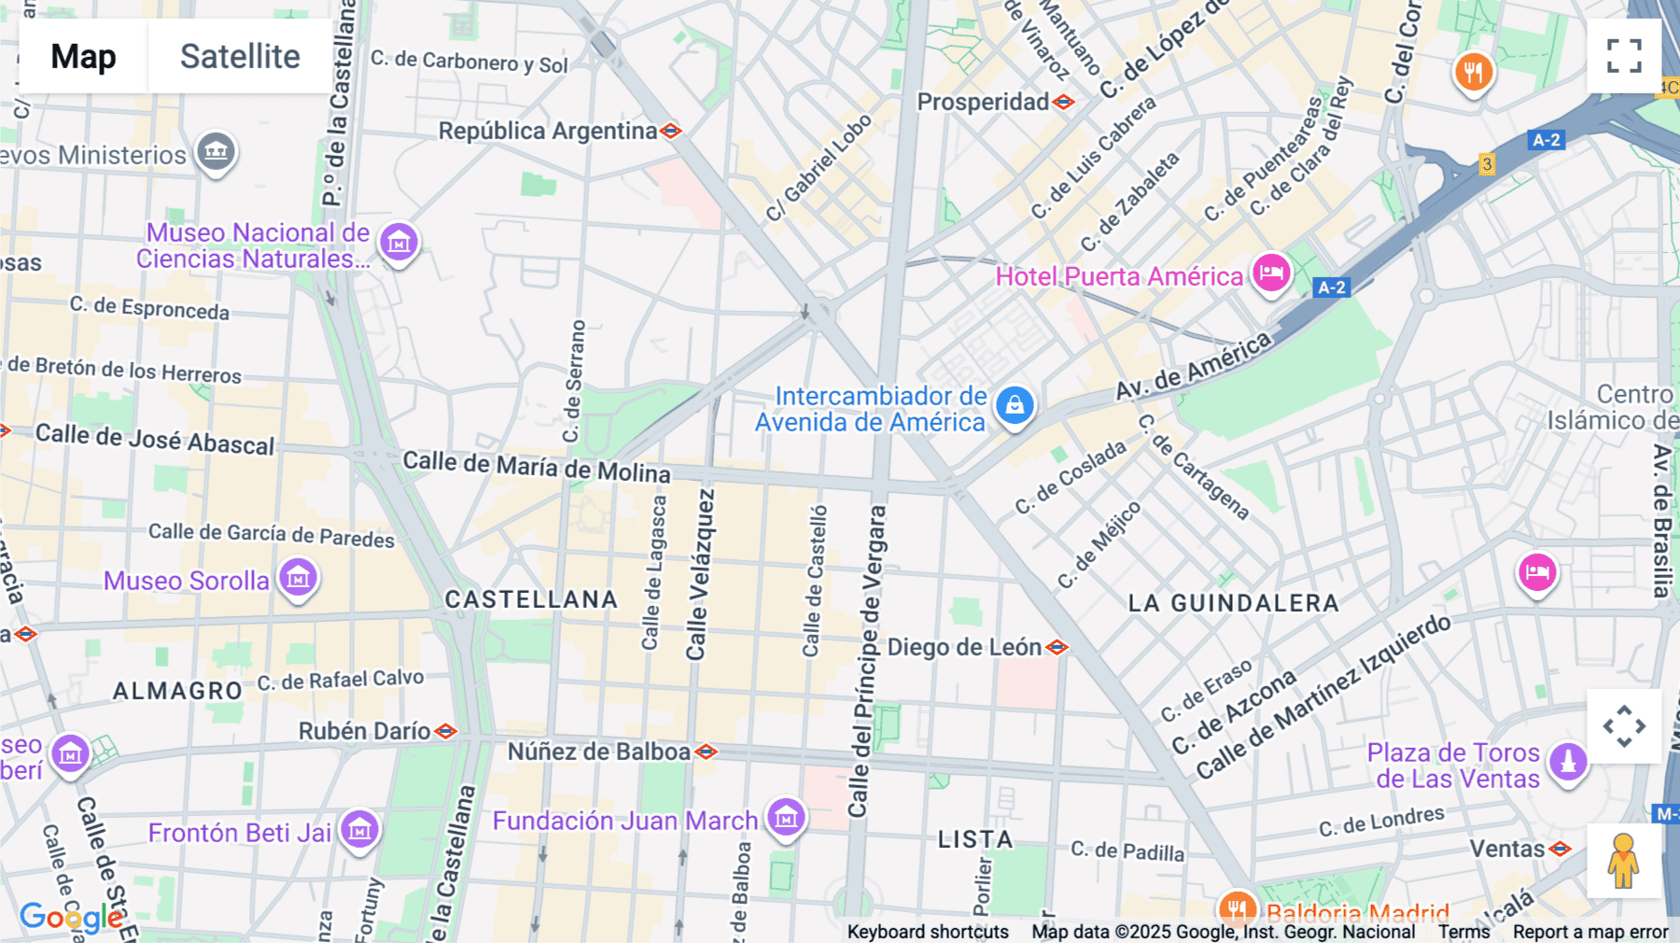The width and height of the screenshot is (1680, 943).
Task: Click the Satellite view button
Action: (x=240, y=56)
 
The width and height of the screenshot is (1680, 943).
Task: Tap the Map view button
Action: (x=83, y=56)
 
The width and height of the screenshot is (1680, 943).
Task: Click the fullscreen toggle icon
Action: (x=1624, y=56)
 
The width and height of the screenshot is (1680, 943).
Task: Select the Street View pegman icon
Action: (x=1624, y=861)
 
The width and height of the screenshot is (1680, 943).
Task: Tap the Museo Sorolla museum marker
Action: (x=299, y=578)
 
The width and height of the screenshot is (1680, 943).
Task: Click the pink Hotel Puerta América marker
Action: (x=1271, y=274)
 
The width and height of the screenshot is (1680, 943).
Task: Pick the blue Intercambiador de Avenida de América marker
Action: (x=1015, y=405)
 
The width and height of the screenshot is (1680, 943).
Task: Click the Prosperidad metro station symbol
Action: (x=1064, y=102)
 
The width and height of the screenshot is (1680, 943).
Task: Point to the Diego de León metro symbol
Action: (x=1057, y=647)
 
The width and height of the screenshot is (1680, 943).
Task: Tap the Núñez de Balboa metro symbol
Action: (x=707, y=752)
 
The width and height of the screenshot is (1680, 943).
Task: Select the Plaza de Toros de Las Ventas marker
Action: (x=1568, y=762)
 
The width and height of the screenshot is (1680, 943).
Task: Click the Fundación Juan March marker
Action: (x=786, y=818)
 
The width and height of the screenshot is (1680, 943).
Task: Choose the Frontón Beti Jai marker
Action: (x=359, y=829)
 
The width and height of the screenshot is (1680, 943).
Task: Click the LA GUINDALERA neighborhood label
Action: (x=1233, y=603)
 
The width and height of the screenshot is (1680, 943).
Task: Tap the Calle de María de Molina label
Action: (x=536, y=466)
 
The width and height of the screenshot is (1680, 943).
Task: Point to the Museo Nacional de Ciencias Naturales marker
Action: (x=399, y=243)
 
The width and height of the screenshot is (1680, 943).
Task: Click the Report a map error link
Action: (x=1589, y=932)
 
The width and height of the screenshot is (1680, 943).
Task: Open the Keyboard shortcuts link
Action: (x=927, y=932)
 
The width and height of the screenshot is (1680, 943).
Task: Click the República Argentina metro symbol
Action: (x=670, y=131)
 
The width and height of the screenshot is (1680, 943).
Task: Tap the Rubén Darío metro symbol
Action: (x=446, y=731)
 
